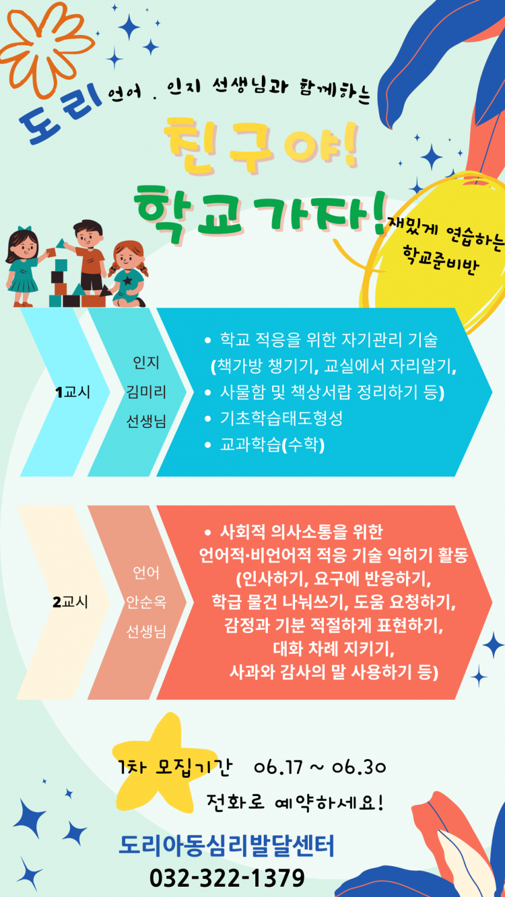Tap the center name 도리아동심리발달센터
(227, 846)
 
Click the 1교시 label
(73, 392)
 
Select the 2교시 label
(70, 602)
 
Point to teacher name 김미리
(146, 392)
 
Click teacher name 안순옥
(146, 602)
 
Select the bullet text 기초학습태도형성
(281, 418)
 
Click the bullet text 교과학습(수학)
(272, 445)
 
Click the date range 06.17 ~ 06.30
(320, 768)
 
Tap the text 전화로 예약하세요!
(295, 802)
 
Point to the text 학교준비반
(441, 261)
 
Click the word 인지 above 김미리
(146, 363)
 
